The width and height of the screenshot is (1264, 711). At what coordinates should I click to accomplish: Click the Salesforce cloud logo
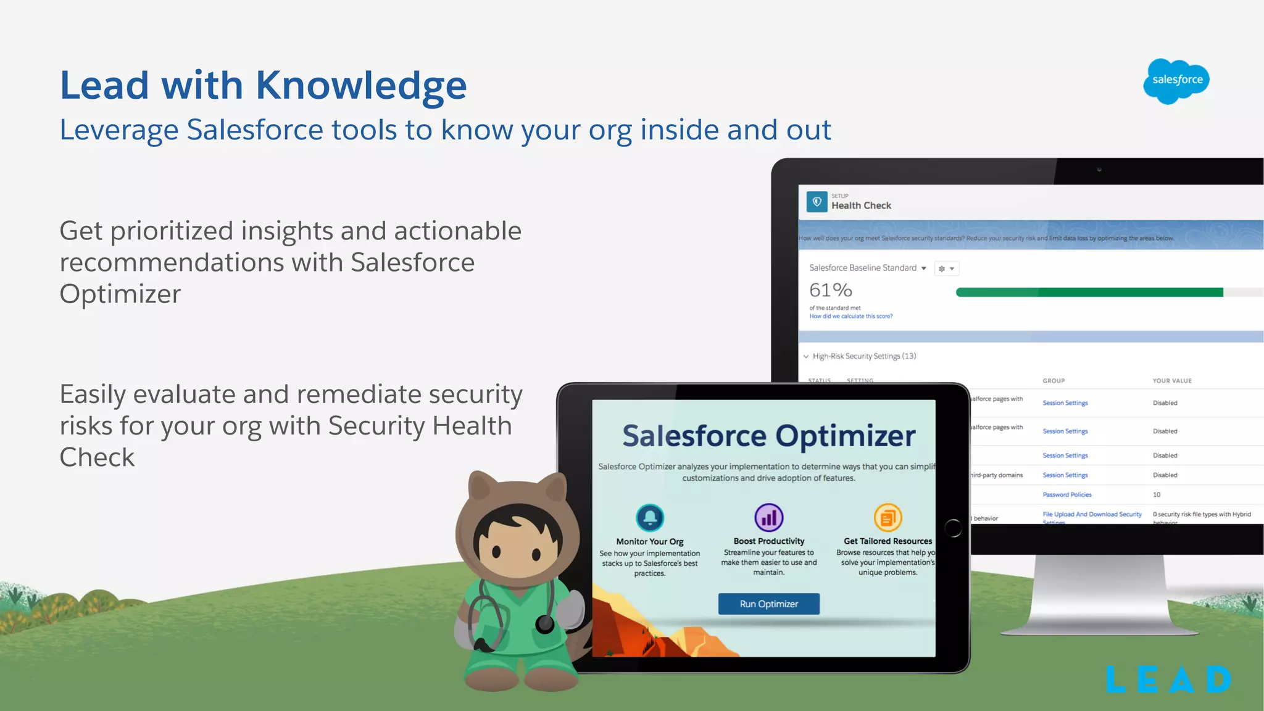coord(1176,81)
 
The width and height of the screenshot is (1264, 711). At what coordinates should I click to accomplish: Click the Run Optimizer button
coord(768,604)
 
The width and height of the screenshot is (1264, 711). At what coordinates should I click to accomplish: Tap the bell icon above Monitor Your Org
coord(650,517)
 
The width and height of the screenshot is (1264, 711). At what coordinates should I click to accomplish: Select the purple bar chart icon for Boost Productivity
coord(768,517)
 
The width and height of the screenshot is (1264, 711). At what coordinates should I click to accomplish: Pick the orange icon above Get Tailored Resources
coord(888,517)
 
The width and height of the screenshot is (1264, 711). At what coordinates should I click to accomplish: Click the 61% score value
coord(830,290)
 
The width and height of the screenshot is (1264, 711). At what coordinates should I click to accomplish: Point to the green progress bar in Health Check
coord(1089,293)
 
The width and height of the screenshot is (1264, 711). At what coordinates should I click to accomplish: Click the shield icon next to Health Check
coord(817,202)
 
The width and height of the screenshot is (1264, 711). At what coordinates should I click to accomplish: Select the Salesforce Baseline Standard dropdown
coord(867,268)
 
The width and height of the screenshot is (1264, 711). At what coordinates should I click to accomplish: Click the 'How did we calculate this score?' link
coord(850,316)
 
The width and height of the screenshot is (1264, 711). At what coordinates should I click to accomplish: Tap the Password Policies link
coord(1066,494)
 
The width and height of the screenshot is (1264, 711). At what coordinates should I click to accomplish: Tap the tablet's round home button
coord(953,528)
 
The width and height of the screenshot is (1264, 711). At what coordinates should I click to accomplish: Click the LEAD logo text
coord(1168,680)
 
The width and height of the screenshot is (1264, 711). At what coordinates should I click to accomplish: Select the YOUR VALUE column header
coord(1171,381)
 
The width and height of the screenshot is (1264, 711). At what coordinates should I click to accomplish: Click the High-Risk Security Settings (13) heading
coord(863,356)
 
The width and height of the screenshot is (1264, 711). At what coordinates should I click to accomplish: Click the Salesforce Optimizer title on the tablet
coord(768,436)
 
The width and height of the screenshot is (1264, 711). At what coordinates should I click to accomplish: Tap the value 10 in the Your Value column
coord(1156,494)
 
